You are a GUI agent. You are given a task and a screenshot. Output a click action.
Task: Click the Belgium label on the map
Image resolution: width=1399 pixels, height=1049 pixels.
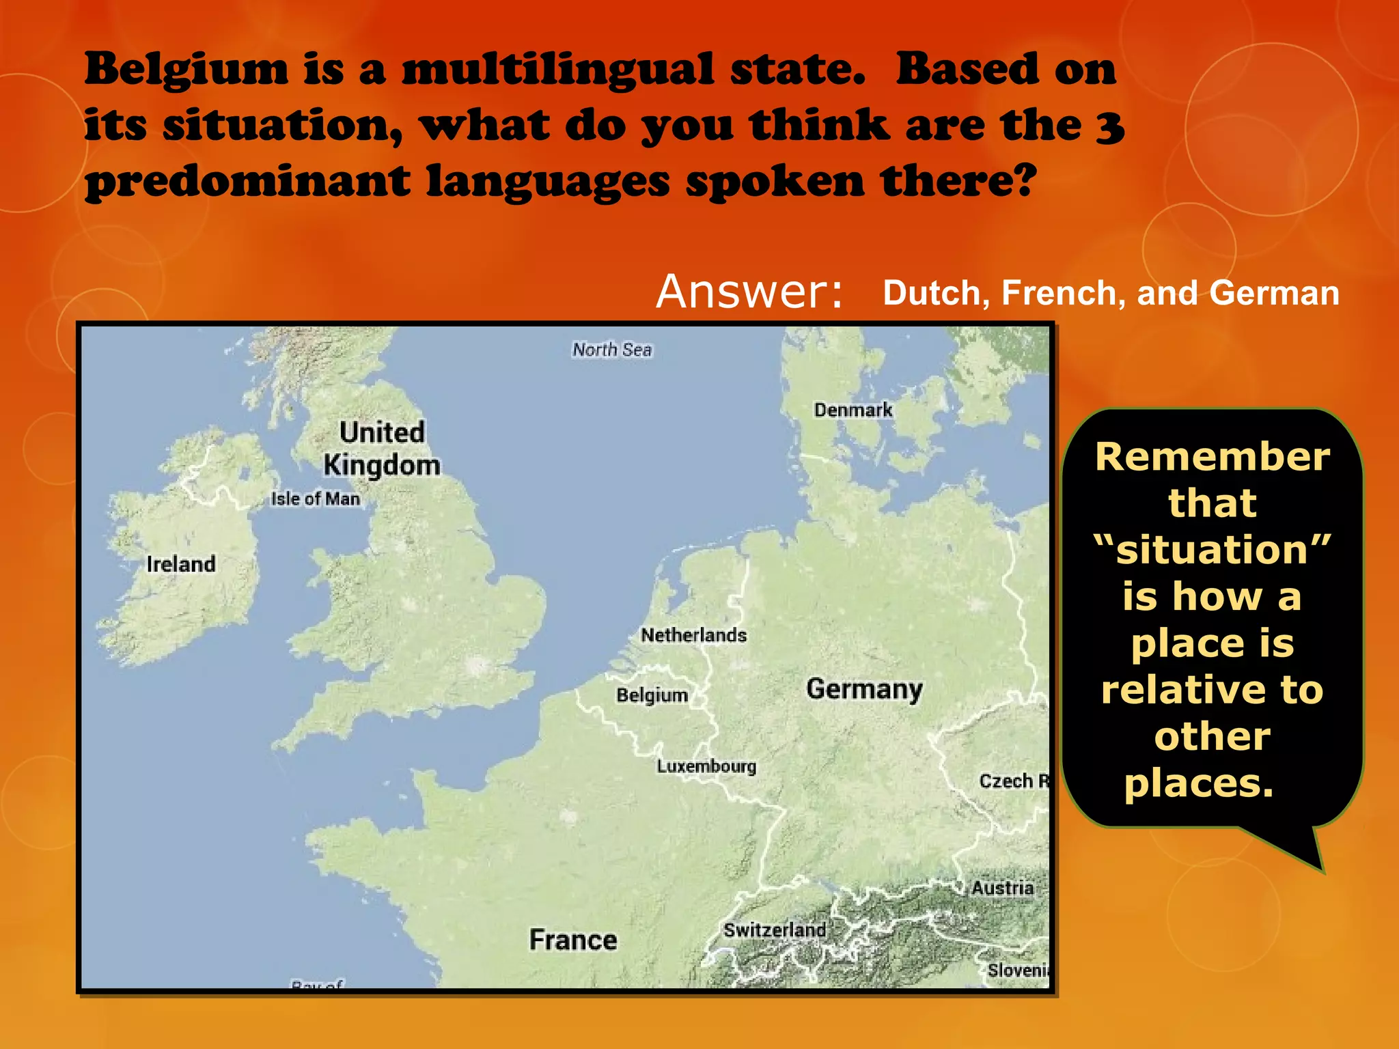pos(652,695)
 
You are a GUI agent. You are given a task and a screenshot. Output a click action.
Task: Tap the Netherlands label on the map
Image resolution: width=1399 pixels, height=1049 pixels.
pos(693,635)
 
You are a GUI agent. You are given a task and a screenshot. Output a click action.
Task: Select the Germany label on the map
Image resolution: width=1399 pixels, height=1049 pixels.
pos(864,689)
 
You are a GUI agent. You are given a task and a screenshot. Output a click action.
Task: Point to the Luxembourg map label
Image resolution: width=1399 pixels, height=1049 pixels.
pos(706,766)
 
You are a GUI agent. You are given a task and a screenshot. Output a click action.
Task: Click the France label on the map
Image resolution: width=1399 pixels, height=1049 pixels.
pos(573,940)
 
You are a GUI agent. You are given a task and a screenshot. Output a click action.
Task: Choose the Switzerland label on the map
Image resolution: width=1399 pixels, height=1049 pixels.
pos(775,930)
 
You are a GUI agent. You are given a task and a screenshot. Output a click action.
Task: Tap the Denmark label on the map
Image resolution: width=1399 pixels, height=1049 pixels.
pos(853,410)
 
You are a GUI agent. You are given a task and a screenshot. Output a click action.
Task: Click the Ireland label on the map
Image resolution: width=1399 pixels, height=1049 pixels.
pos(181,564)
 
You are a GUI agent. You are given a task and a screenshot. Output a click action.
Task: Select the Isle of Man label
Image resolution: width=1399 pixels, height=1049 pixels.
pos(316,499)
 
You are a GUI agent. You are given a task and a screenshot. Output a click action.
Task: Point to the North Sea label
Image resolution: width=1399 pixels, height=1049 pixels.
pos(612,350)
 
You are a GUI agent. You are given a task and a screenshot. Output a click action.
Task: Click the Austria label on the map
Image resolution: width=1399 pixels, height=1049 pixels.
pos(1002,888)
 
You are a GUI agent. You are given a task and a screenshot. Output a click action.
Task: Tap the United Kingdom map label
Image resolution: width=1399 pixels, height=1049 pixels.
pos(382,449)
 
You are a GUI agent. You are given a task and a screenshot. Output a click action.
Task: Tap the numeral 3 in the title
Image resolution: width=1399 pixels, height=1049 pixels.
pos(1110,126)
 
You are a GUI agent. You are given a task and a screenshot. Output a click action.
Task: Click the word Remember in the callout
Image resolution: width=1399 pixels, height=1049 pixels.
pos(1213,457)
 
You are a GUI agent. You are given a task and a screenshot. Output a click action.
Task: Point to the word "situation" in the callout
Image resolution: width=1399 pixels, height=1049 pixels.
pos(1213,550)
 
